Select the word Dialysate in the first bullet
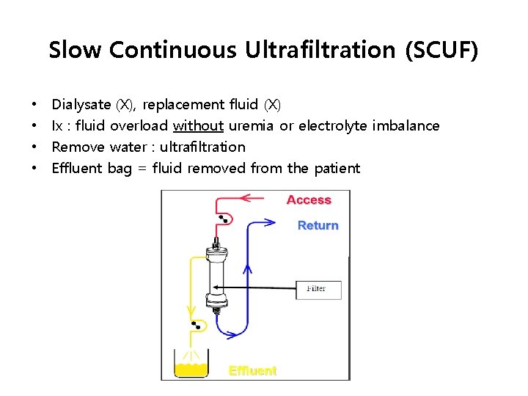(x=82, y=105)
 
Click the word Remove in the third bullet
(x=78, y=147)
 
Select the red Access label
(x=309, y=200)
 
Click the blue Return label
(x=318, y=225)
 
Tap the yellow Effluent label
(x=252, y=370)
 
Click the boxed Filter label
(x=315, y=288)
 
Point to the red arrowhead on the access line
(x=246, y=197)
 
